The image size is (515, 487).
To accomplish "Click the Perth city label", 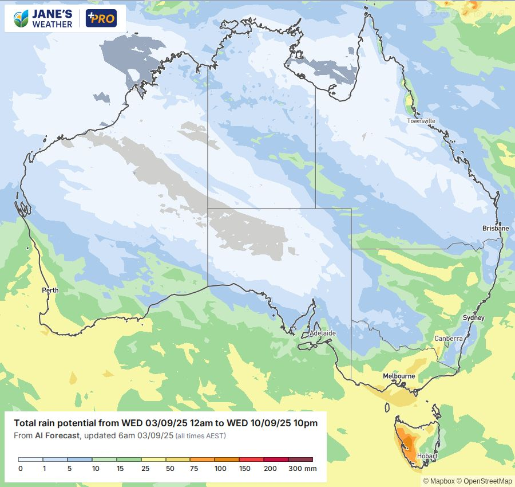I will click(50, 290).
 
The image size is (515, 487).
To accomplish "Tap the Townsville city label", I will click(421, 121).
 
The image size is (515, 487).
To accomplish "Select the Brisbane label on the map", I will click(495, 228).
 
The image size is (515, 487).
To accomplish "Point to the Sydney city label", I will click(474, 318).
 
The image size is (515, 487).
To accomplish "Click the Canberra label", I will click(448, 339).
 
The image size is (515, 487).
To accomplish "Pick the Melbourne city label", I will click(399, 376).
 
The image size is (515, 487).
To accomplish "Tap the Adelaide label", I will click(322, 333).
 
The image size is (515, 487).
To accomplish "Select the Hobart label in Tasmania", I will click(427, 457).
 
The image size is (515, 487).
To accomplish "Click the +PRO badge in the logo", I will click(101, 18).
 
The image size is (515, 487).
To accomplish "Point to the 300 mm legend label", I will click(302, 469).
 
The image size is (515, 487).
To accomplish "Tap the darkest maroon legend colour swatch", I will click(301, 459).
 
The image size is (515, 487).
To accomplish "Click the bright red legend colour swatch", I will click(252, 459).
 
